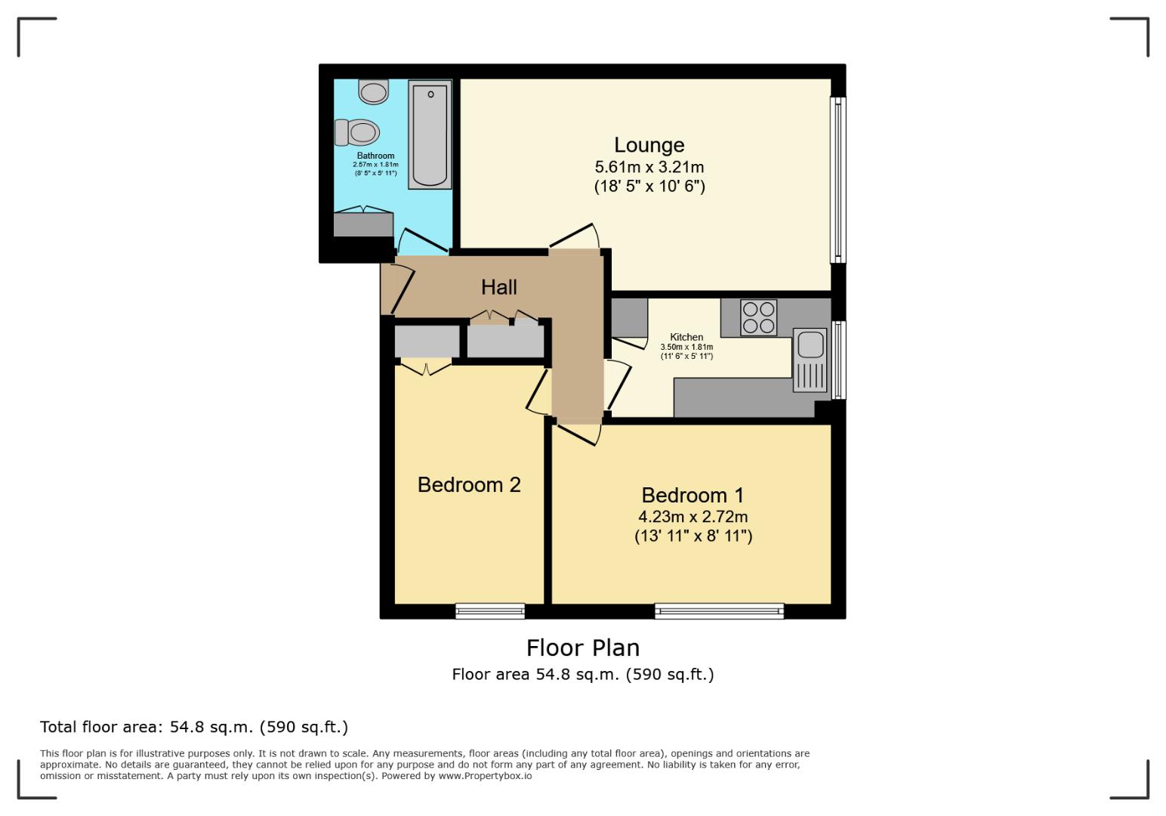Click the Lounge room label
pos(649,145)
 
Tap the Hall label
pos(499,287)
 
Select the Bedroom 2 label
pos(469,484)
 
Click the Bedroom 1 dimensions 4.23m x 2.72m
pos(693,517)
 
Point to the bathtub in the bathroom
pos(430,135)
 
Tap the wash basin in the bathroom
pos(373,92)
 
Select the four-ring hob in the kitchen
pos(758,317)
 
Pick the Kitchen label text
pos(686,337)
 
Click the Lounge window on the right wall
pos(837,180)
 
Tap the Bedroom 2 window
pos(490,611)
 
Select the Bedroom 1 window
pos(719,611)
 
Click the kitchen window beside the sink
pos(837,360)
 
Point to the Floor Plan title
pos(582,648)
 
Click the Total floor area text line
pos(194,727)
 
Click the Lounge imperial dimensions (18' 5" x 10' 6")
pos(649,186)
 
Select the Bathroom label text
pos(375,156)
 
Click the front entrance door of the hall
pos(398,288)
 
